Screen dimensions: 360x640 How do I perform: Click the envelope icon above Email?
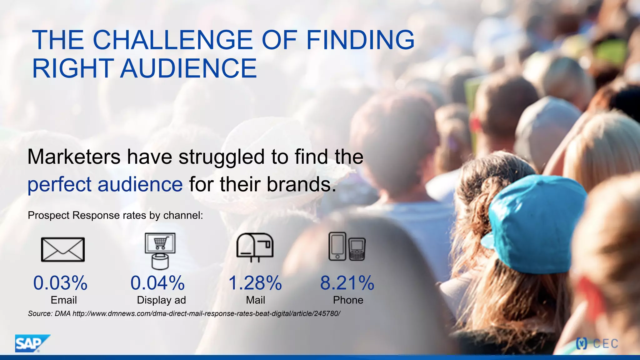click(63, 249)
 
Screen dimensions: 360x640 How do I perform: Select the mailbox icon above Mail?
click(255, 247)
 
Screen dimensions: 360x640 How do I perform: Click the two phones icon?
click(347, 247)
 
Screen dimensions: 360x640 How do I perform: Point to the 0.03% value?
click(60, 283)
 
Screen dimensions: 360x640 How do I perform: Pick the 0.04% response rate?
click(157, 283)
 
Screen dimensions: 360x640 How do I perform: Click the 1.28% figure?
click(255, 283)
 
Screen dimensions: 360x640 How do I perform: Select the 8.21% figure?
click(347, 283)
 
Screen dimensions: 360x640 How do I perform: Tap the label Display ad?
click(161, 300)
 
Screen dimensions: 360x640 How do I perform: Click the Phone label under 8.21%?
click(348, 300)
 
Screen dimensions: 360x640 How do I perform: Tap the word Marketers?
click(74, 157)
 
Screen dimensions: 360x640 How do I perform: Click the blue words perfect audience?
click(105, 184)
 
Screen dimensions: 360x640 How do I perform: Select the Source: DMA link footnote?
click(184, 313)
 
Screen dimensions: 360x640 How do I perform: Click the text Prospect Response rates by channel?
click(115, 215)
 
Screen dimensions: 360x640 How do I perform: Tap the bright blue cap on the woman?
click(534, 222)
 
